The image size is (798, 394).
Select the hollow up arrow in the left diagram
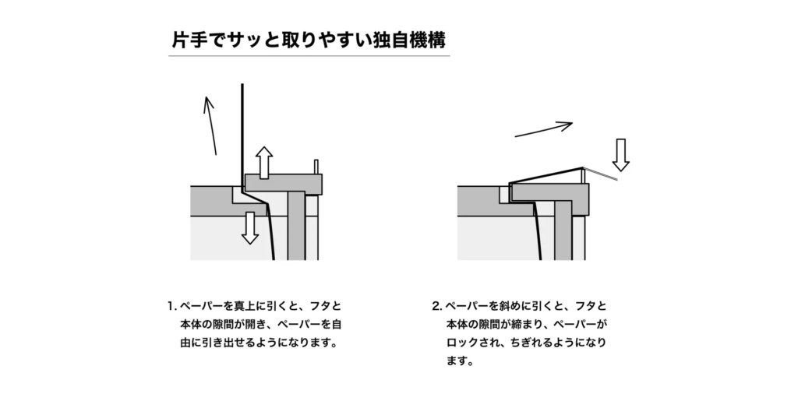263,163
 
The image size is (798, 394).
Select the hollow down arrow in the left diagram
249,228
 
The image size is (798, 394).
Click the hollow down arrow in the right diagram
620,155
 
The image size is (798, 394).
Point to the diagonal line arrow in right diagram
544,129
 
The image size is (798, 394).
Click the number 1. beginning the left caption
171,306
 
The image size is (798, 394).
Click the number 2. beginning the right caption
437,306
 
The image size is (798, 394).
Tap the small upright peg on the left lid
316,167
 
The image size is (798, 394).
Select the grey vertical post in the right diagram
563,230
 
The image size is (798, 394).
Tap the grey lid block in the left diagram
284,183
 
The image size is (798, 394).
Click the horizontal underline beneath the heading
309,56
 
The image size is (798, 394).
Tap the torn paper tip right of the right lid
601,174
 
